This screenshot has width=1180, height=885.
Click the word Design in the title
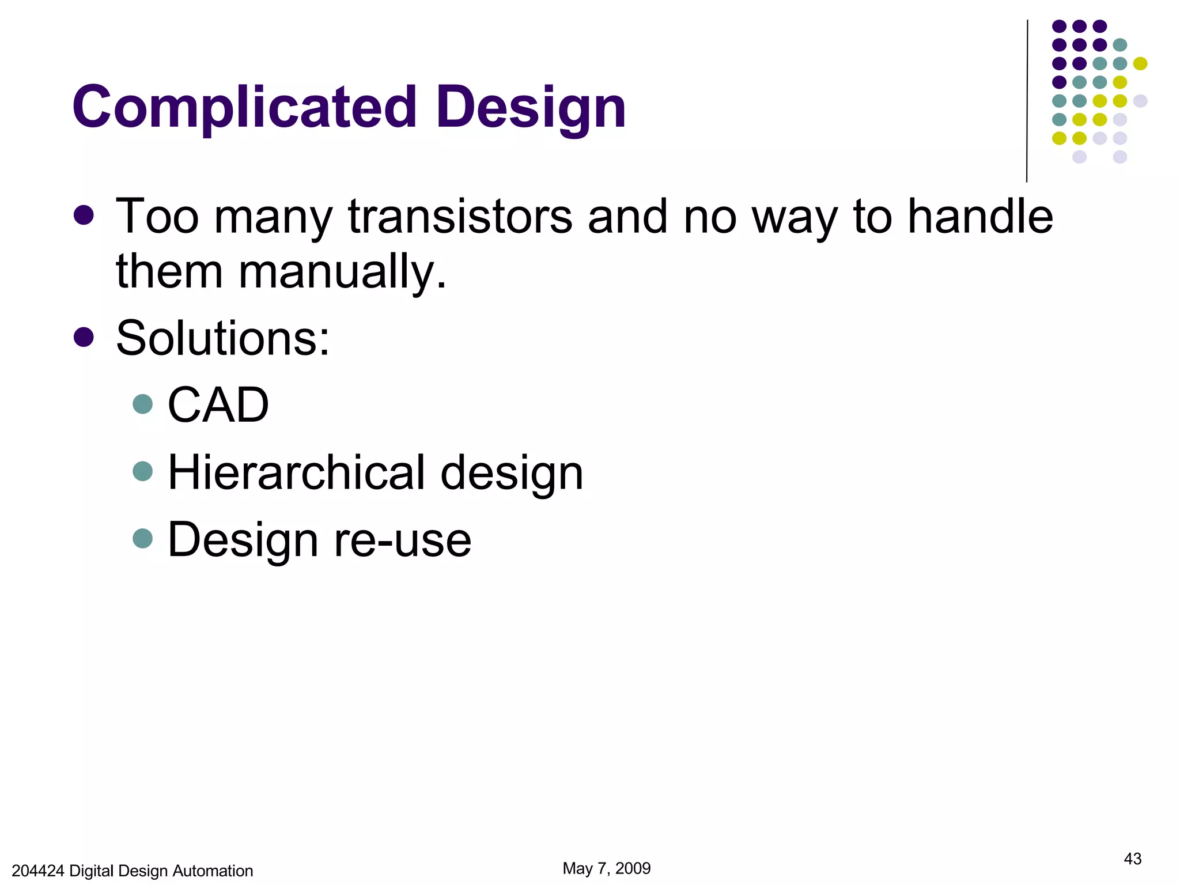tap(531, 108)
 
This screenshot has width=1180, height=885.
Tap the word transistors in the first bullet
tap(460, 217)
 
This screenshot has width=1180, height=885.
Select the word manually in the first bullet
tap(342, 271)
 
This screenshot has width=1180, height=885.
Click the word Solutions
tap(223, 338)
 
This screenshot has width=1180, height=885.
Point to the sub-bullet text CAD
tap(218, 405)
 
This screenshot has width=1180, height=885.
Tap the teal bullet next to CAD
tap(142, 404)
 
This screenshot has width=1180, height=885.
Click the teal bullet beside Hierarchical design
tap(142, 471)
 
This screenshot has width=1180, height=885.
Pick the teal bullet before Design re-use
tap(142, 539)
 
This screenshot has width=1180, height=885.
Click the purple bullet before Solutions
tap(84, 338)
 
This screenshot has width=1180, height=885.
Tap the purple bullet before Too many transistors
tap(84, 215)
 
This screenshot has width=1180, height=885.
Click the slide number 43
tap(1132, 859)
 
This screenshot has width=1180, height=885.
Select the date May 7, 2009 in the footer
tap(606, 868)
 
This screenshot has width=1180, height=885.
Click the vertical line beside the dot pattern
tap(1027, 101)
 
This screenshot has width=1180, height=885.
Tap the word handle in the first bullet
tap(980, 217)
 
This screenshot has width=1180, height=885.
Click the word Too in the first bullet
tap(157, 217)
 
